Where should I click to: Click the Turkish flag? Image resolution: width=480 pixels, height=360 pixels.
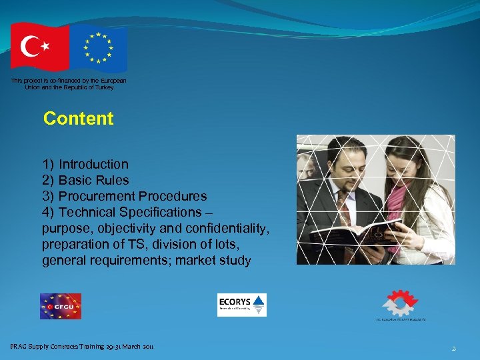(x=39, y=47)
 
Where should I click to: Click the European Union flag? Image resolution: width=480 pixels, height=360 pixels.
(x=99, y=49)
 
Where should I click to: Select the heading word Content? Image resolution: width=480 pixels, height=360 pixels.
(x=78, y=119)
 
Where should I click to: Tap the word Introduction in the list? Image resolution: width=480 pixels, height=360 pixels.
(x=93, y=164)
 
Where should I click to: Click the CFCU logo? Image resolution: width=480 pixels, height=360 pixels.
(x=60, y=306)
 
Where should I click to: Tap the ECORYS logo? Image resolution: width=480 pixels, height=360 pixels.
(x=242, y=305)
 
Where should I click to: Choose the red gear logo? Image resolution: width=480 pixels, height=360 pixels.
(x=400, y=303)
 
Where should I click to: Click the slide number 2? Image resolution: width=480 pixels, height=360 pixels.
(x=453, y=348)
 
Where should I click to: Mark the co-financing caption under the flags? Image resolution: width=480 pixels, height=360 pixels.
(x=69, y=84)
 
